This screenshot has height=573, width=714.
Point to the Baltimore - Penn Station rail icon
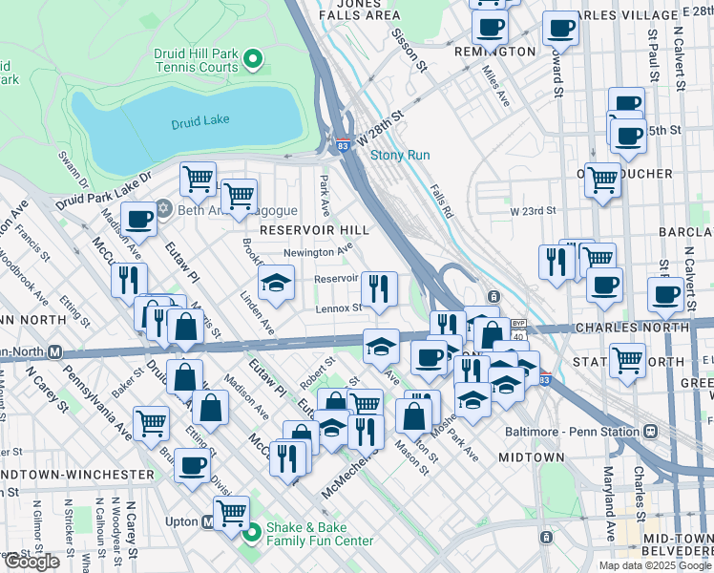(651, 431)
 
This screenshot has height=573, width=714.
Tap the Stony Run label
(400, 155)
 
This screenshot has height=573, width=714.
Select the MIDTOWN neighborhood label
(532, 457)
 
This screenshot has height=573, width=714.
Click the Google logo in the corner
(31, 562)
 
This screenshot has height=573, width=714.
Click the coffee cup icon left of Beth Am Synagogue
(138, 219)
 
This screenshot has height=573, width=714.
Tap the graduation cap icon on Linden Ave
(276, 282)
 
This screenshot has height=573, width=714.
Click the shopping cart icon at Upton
(231, 512)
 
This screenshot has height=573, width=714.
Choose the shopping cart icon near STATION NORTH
(627, 360)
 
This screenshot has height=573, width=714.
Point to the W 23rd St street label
(533, 211)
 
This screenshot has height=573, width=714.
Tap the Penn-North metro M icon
(55, 352)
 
